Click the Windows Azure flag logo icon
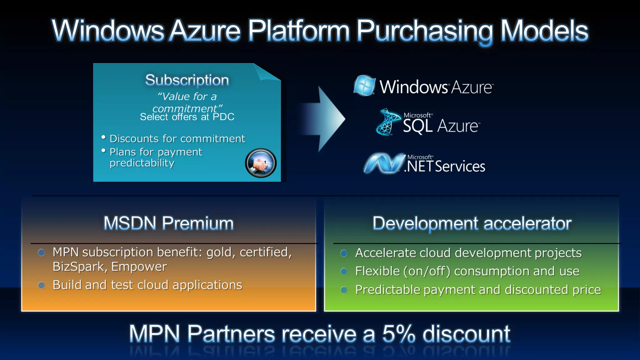click(x=364, y=85)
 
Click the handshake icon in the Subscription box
click(x=261, y=163)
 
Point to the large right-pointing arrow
click(x=325, y=119)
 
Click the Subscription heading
click(x=187, y=80)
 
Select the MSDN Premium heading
click(x=168, y=223)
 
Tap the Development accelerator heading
click(x=472, y=223)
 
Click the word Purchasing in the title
click(x=424, y=31)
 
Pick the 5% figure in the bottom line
click(x=399, y=334)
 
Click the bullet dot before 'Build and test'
click(x=41, y=285)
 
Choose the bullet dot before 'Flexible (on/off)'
click(x=344, y=271)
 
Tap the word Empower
click(x=139, y=267)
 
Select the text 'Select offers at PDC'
click(x=187, y=117)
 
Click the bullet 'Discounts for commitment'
click(x=177, y=138)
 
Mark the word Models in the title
click(x=544, y=31)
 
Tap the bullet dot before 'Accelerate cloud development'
click(x=344, y=253)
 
